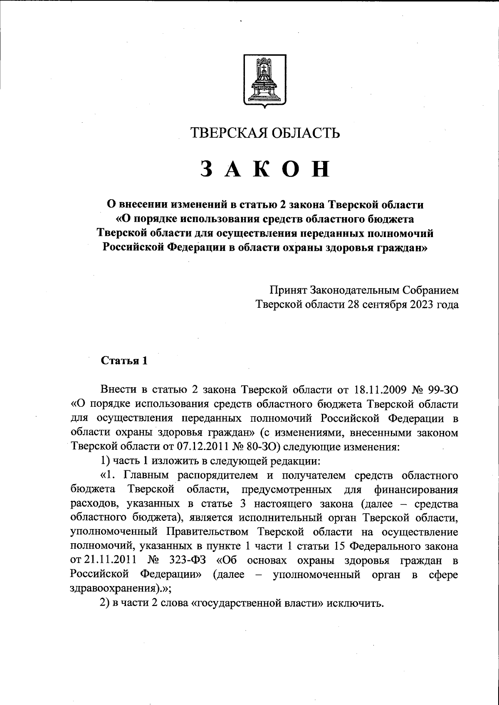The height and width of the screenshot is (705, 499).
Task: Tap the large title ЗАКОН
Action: coord(265,169)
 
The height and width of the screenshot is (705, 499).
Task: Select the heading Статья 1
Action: coord(124,361)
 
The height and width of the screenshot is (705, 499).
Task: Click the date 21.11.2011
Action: coord(110,560)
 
